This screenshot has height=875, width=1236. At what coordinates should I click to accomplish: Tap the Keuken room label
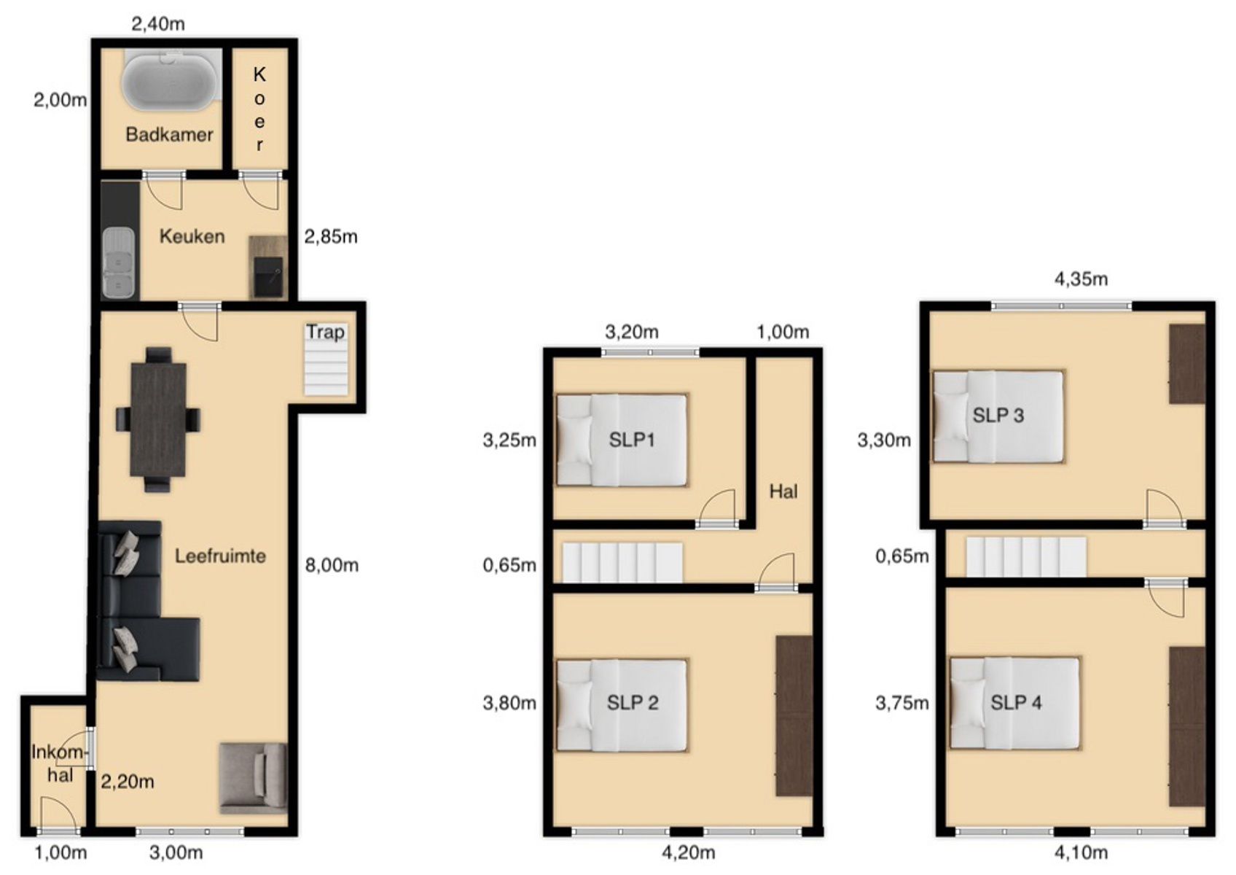point(192,237)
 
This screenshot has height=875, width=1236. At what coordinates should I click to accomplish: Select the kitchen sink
point(119,262)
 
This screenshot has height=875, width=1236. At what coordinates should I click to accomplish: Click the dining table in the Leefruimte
point(158,419)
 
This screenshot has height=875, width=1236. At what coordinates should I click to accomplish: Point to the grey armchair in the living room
point(254,779)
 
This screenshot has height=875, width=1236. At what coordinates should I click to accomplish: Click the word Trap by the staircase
point(326,332)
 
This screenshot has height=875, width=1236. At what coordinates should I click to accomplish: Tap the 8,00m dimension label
point(332,565)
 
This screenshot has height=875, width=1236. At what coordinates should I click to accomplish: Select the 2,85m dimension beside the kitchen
point(331,237)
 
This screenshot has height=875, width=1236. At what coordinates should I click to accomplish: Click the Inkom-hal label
point(59,763)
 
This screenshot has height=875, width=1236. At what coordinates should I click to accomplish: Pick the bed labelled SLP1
point(622,440)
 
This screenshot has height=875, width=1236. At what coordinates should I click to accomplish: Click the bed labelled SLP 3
point(998,416)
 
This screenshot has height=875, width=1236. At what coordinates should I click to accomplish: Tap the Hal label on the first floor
point(783,491)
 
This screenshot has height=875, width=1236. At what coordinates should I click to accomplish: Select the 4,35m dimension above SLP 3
point(1081,279)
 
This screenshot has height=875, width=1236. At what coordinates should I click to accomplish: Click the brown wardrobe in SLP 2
point(794,716)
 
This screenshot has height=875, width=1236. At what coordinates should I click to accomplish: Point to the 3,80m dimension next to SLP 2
point(509,703)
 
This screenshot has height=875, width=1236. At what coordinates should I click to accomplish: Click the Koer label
point(259,109)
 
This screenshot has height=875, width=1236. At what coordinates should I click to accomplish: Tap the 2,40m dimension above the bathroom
point(158,24)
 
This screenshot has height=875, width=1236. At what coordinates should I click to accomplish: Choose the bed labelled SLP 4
point(1014,703)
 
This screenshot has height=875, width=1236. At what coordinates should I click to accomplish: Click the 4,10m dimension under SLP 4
point(1081,853)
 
